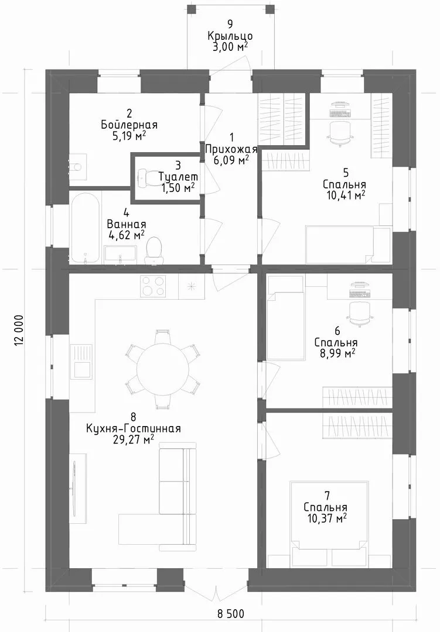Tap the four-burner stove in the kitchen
(x=152, y=286)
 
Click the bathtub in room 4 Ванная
(x=84, y=228)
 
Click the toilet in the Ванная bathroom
(x=154, y=250)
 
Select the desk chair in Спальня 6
(x=359, y=313)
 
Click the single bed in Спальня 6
(x=285, y=318)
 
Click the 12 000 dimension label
(x=18, y=330)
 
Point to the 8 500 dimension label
(x=230, y=614)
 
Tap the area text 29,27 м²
(x=134, y=439)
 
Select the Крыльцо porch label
(x=230, y=36)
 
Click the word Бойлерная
(x=129, y=125)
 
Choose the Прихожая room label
(x=231, y=149)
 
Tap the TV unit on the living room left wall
(x=77, y=487)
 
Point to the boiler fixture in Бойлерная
(x=78, y=165)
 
